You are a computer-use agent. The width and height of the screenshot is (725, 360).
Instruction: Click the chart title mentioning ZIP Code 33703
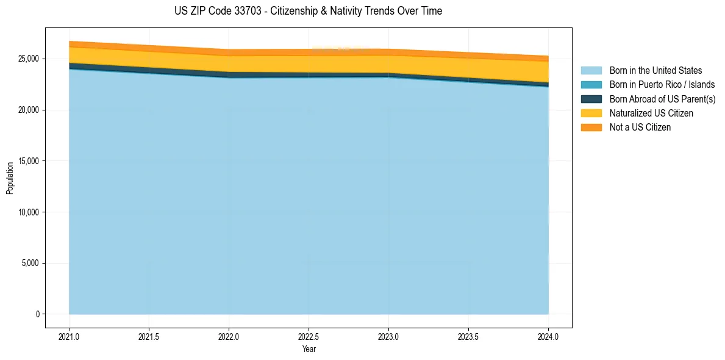click(308, 11)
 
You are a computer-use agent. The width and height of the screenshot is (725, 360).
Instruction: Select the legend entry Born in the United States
click(655, 71)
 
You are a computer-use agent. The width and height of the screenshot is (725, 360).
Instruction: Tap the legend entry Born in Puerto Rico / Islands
click(662, 85)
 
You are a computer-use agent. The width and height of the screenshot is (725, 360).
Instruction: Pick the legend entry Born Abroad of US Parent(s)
click(662, 99)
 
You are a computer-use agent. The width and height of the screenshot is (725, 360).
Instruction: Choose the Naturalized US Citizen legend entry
click(651, 113)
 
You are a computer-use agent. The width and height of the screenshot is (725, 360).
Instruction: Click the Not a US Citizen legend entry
click(640, 128)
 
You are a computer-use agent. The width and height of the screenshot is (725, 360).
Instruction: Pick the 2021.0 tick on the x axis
click(69, 336)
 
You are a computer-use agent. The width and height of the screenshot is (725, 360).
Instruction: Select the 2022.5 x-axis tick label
click(309, 336)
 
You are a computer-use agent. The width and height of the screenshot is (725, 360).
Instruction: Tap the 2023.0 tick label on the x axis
click(388, 336)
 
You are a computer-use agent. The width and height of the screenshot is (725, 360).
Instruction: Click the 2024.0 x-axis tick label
click(548, 336)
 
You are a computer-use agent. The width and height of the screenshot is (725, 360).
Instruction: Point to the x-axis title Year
click(309, 349)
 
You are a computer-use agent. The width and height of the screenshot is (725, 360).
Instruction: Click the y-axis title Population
click(10, 178)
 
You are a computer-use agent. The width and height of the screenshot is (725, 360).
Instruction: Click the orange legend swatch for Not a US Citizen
click(591, 128)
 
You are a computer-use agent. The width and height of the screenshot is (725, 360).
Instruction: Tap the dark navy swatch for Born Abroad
click(591, 99)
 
